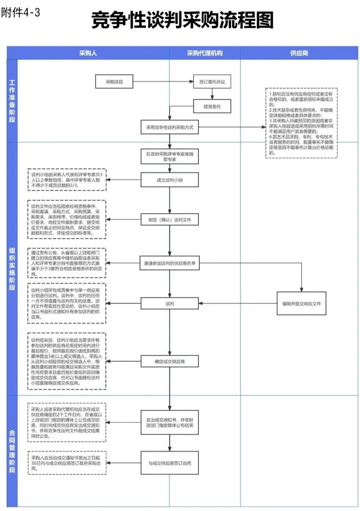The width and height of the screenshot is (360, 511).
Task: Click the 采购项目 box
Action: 114,82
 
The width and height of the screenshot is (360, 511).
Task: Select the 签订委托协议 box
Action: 212,82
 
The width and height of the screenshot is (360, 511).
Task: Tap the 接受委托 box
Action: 212,107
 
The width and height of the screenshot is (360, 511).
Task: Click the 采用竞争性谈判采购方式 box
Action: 170,127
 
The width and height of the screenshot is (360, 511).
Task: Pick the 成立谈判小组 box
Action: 170,180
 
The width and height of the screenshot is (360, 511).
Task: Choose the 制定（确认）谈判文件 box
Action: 170,220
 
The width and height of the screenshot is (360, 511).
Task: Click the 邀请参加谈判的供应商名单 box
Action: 170,263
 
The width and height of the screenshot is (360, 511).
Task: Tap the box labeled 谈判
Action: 170,303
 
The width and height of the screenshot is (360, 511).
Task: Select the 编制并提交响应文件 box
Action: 301,303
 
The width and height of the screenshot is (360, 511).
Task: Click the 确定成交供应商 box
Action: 170,361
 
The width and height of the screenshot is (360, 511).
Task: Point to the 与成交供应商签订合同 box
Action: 170,463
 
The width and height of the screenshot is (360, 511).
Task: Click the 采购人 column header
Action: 88,53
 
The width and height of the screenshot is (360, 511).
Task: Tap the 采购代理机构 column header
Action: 205,53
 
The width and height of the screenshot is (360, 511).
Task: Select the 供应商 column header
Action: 299,53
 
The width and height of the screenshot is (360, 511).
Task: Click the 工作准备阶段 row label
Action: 12,101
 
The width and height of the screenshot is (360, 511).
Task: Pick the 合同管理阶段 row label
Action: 12,451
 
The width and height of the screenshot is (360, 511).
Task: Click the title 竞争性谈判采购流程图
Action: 182,20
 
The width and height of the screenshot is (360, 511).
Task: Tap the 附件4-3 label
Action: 20,13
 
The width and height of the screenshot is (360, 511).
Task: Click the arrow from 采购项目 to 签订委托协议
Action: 163,82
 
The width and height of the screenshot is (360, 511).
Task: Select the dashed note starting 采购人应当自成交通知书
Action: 67,463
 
